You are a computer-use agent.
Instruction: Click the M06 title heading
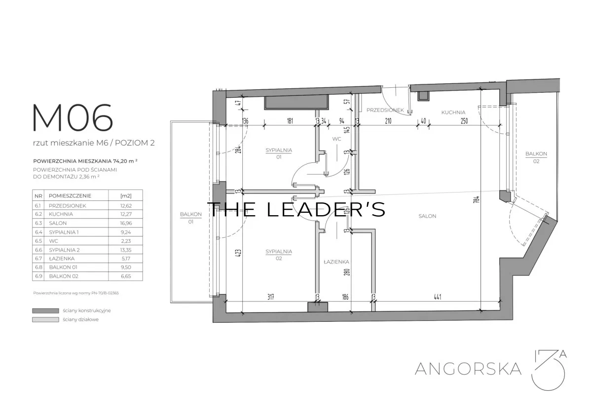pos(73,117)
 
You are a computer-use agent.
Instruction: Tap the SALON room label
pos(427,216)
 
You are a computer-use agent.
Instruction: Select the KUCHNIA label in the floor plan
pos(453,113)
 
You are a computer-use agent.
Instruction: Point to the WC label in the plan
pos(336,139)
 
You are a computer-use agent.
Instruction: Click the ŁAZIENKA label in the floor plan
pos(336,262)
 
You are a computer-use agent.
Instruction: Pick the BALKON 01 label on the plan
pos(191,218)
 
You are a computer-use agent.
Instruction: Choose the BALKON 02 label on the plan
pos(536,157)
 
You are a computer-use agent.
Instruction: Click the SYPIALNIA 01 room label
pos(279,153)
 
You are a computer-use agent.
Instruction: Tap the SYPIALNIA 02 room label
pos(279,255)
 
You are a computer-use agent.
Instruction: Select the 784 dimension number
pos(477,199)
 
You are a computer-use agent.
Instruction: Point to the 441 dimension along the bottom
pos(438,297)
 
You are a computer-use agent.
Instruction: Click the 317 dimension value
pos(271,297)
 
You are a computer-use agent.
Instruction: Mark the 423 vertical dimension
pos(238,253)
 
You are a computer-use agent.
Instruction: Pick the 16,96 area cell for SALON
pos(126,223)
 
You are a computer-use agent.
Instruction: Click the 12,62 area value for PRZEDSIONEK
pos(126,206)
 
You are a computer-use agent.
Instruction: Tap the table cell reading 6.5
pos(38,241)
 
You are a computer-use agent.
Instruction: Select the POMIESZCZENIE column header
pos(70,196)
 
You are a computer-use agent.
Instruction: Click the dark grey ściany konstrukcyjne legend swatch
pos(45,310)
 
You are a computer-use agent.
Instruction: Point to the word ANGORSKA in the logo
pos(468,369)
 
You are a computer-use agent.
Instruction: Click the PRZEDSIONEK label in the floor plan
pos(385,110)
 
